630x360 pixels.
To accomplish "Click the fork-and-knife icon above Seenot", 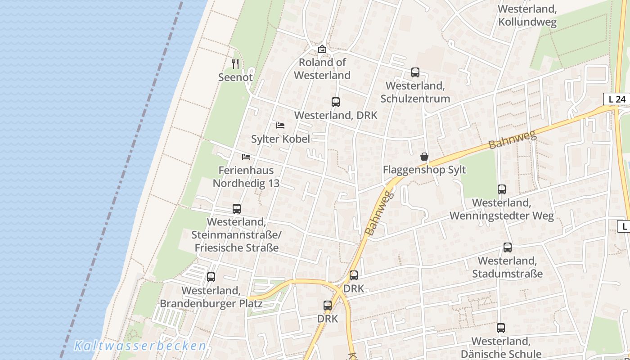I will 235,64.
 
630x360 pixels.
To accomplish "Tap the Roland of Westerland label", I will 322,69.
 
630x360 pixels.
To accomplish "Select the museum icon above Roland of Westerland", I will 322,49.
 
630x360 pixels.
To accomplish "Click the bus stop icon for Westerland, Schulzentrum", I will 415,72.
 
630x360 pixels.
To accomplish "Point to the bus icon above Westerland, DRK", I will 336,102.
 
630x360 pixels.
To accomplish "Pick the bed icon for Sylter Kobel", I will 280,126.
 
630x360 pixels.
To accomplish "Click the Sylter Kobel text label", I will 280,139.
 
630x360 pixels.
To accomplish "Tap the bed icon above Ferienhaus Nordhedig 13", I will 246,157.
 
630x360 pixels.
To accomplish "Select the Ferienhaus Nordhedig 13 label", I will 246,177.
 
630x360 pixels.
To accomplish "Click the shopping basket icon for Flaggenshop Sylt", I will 424,157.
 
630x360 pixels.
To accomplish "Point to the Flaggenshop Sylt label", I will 424,170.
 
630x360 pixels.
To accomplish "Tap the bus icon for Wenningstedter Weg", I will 502,189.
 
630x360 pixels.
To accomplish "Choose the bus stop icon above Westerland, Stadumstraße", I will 508,247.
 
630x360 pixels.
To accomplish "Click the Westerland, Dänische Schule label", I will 501,347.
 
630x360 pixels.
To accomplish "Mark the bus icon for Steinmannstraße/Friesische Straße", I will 237,209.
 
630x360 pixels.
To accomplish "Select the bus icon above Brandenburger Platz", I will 211,277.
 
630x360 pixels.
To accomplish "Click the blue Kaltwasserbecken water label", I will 140,346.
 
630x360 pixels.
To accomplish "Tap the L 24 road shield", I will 616,99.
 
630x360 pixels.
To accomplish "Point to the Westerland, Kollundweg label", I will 527,15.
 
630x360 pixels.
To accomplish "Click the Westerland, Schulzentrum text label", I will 415,92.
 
